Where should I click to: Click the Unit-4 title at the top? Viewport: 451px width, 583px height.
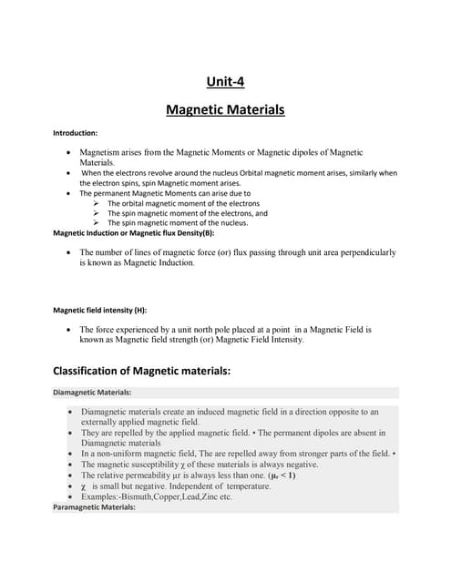click(225, 82)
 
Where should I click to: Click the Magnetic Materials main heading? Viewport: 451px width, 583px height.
click(225, 110)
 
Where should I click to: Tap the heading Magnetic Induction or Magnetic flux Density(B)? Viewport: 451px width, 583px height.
click(127, 233)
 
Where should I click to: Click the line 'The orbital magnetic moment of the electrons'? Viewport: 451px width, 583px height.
click(183, 204)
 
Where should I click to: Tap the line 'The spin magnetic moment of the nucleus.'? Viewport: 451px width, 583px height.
click(178, 222)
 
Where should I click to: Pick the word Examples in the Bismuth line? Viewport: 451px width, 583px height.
click(100, 497)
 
